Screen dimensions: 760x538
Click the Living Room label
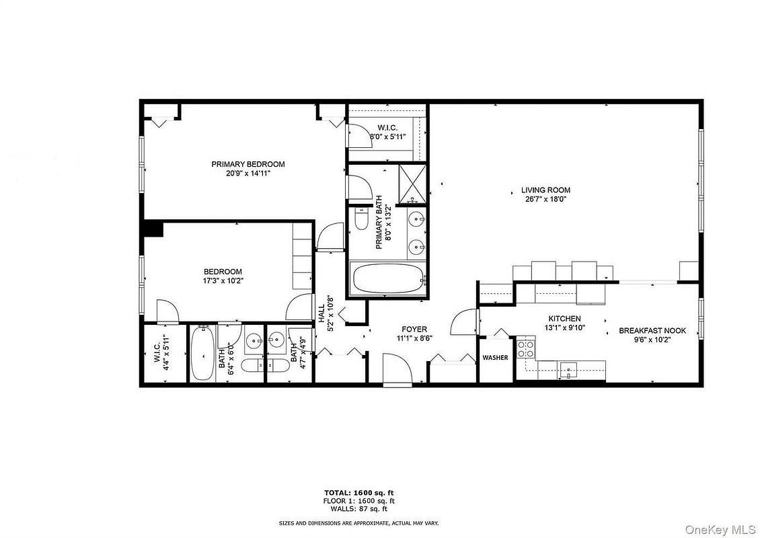point(545,190)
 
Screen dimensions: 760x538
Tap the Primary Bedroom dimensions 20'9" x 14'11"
point(248,173)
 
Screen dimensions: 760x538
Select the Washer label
point(496,358)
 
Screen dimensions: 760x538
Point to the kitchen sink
point(568,371)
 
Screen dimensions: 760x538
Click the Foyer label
point(414,330)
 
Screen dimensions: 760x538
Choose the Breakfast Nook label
point(652,331)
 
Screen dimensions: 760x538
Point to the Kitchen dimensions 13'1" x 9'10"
point(565,328)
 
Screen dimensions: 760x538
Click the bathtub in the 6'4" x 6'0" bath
point(202,354)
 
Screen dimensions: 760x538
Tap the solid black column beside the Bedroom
point(153,229)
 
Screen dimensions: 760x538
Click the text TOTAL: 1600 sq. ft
point(359,493)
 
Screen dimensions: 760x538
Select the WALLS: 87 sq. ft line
point(358,509)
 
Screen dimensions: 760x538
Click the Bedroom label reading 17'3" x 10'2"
point(223,276)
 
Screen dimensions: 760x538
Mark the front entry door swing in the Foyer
point(397,369)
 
